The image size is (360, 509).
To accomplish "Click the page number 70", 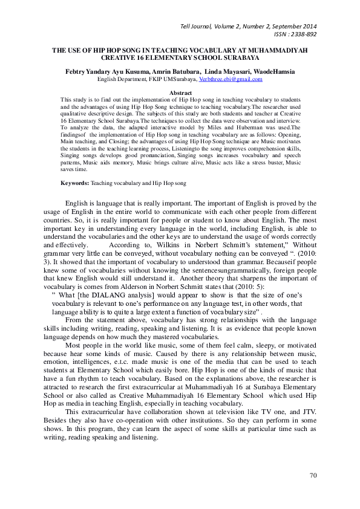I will pyautogui.click(x=313, y=476).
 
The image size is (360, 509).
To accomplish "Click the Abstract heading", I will pyautogui.click(x=180, y=92).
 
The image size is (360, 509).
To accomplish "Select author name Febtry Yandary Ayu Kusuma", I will pyautogui.click(x=103, y=72).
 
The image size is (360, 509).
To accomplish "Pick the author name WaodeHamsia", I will pyautogui.click(x=274, y=72).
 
